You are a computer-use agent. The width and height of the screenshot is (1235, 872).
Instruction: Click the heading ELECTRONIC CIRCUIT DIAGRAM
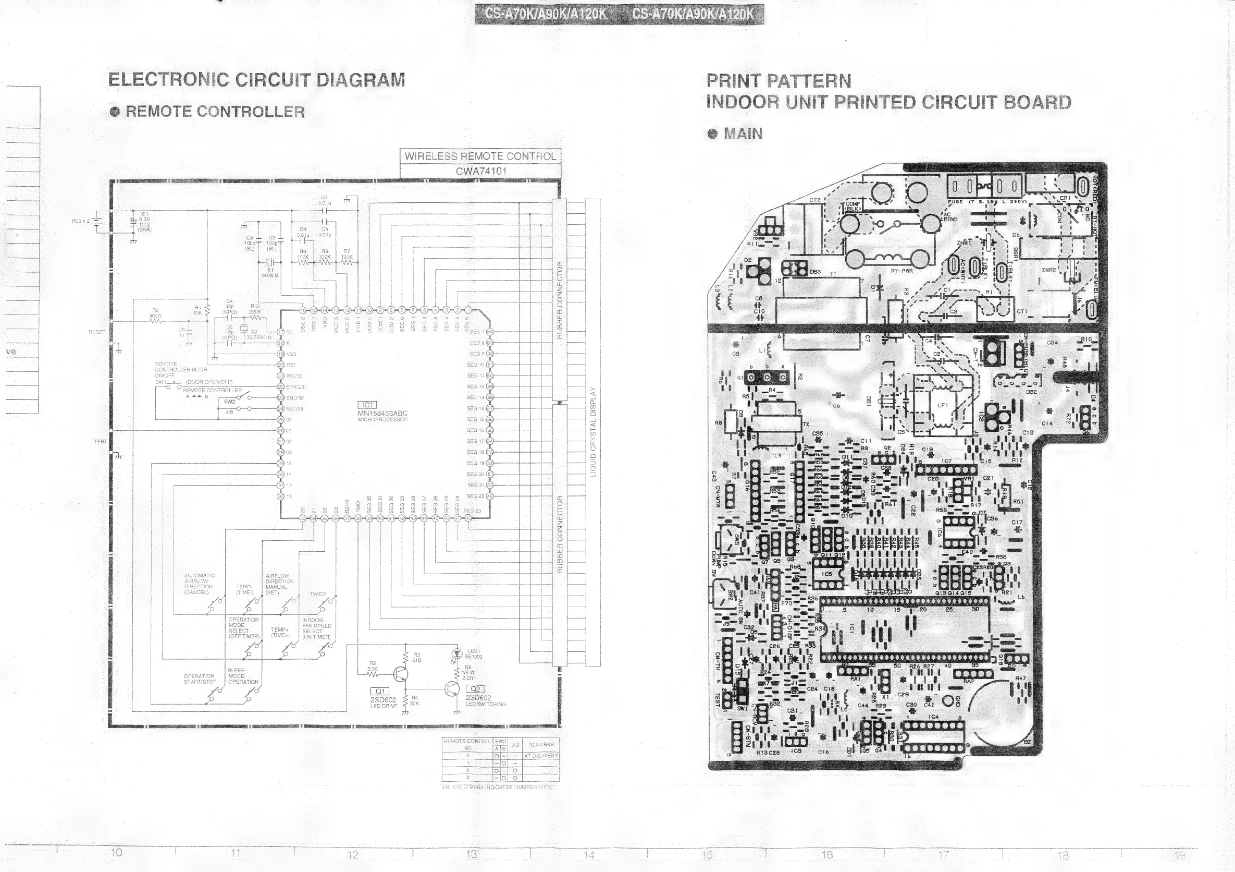coord(256,80)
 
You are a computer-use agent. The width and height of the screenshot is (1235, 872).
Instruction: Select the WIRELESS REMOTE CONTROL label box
coord(480,156)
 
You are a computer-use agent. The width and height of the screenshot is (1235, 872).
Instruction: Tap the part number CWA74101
coord(480,171)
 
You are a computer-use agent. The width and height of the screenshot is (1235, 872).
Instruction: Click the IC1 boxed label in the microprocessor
coord(367,405)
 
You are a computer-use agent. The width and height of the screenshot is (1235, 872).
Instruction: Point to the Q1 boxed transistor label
coord(380,691)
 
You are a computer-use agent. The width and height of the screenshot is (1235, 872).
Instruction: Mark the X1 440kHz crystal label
coord(269,272)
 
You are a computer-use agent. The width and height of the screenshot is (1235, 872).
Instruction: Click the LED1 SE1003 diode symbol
coord(458,653)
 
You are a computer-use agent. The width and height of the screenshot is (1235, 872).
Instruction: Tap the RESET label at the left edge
coord(97,332)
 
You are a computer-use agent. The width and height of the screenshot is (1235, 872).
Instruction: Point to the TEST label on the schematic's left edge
coord(100,441)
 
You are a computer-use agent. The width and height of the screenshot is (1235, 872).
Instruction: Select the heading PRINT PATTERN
coord(779,81)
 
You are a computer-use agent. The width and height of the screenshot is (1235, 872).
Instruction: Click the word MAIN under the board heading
coord(743,134)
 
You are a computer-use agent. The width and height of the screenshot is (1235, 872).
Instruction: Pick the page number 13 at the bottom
coord(471,854)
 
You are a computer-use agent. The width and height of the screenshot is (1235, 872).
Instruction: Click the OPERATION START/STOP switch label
coord(200,679)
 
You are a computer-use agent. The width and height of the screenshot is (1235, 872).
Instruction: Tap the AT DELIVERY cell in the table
coord(540,756)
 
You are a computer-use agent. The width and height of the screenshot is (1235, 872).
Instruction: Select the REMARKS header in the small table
coord(540,744)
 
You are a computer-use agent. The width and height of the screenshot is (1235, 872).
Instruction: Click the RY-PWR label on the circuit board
coord(901,271)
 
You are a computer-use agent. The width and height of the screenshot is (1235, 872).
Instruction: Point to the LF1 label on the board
coord(942,405)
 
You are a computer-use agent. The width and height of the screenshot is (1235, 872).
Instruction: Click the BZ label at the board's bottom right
coord(1028,742)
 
